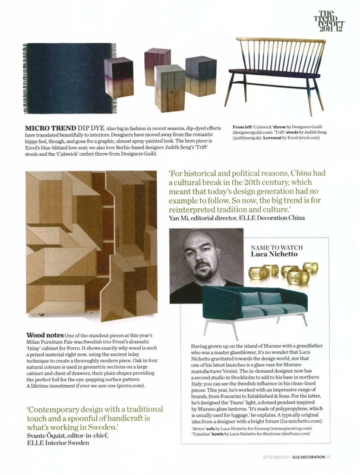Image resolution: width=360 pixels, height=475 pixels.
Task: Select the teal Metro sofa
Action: pyautogui.click(x=256, y=308)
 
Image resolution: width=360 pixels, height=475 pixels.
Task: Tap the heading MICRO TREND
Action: pyautogui.click(x=47, y=128)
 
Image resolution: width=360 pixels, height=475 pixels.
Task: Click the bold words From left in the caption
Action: pyautogui.click(x=243, y=128)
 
